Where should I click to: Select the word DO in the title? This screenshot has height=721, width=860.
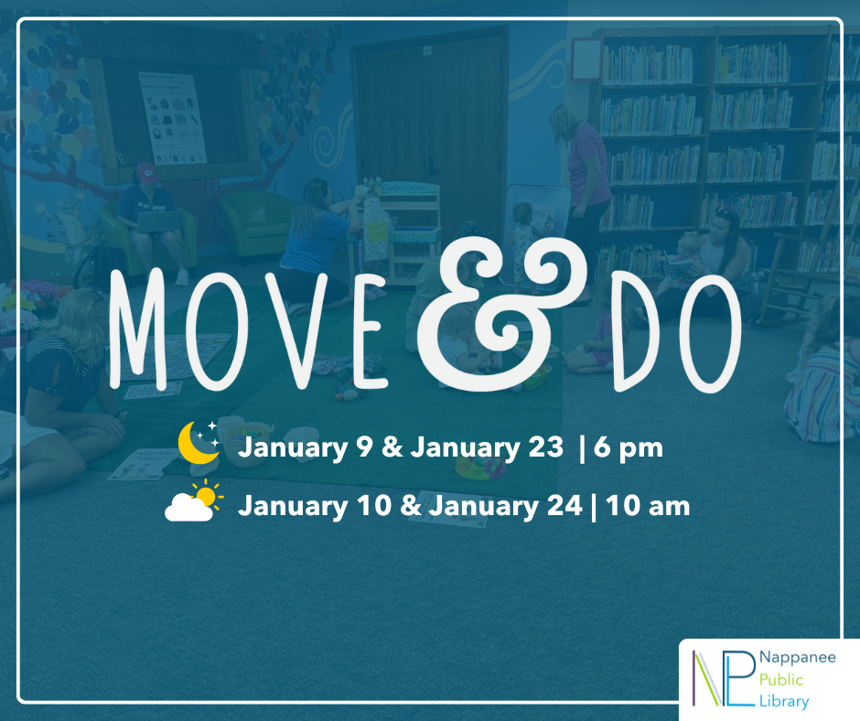677,333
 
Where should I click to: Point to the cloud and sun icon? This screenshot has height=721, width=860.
194,500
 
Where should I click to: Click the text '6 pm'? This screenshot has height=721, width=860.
628,448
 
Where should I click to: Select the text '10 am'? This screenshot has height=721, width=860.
648,505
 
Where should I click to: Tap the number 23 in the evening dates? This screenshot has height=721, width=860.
545,447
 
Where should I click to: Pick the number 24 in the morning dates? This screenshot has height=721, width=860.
564,505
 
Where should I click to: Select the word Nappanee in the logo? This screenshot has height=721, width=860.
798,658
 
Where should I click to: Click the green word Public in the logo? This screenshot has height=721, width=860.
781,681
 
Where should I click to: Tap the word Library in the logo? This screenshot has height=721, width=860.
784,702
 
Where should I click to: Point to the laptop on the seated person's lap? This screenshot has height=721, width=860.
158,222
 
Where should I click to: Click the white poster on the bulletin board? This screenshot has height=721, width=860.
173,118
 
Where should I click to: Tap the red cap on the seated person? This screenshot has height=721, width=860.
146,172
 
